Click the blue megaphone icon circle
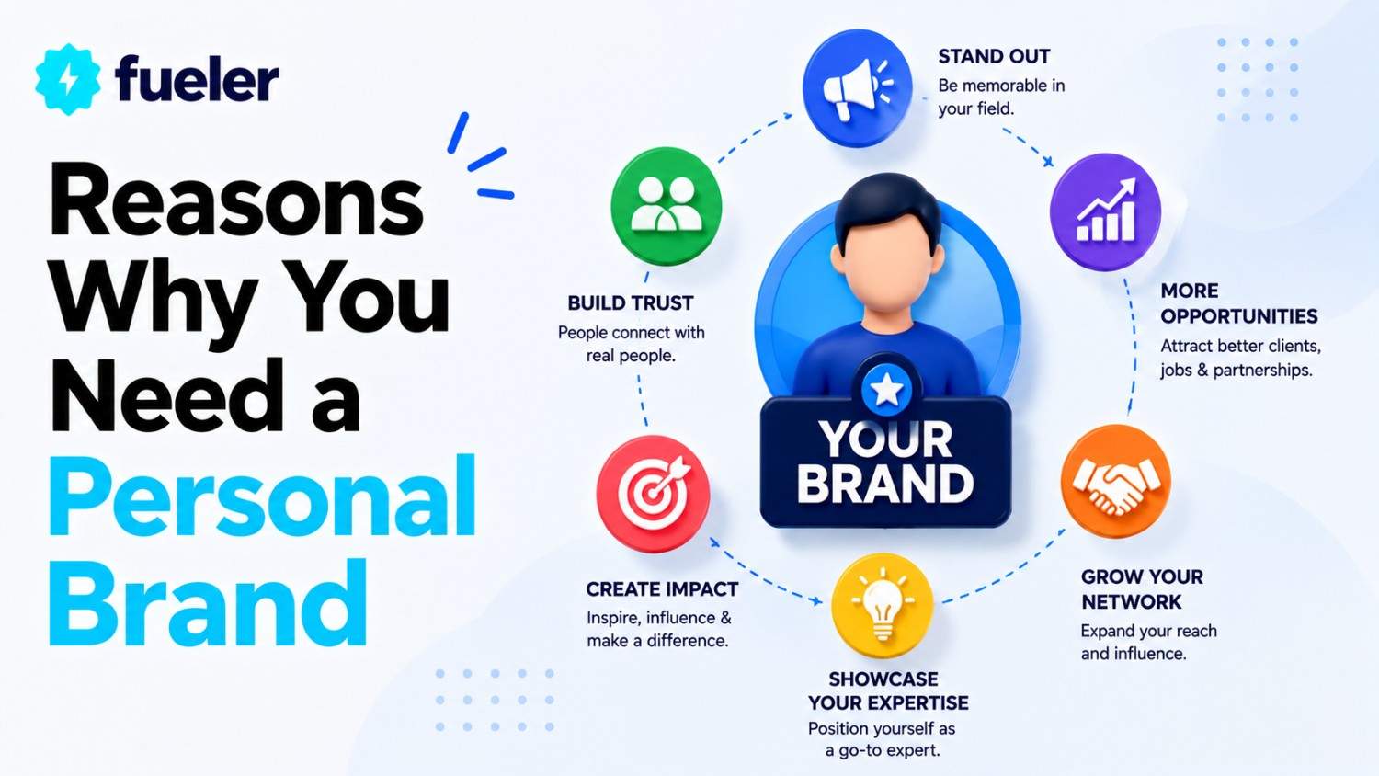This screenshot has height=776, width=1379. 857,88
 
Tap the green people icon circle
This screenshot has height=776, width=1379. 666,205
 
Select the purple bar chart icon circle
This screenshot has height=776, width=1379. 1105,211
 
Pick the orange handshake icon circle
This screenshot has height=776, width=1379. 1115,481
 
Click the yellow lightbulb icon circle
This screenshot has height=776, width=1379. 883,605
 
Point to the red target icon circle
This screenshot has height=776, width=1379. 653,493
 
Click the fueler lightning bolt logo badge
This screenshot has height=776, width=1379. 68,79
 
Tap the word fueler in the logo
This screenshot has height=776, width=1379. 197,78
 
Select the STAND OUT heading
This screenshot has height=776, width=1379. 994,57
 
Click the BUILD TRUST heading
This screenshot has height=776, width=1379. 631,303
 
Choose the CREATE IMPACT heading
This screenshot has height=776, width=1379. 662,589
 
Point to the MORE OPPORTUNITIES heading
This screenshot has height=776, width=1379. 1238,303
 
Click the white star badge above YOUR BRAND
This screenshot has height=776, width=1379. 886,390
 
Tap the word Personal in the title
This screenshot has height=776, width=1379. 262,496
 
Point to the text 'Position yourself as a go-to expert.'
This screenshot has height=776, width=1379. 882,739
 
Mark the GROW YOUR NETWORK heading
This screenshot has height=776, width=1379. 1142,588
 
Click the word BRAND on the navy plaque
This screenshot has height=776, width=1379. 885,484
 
